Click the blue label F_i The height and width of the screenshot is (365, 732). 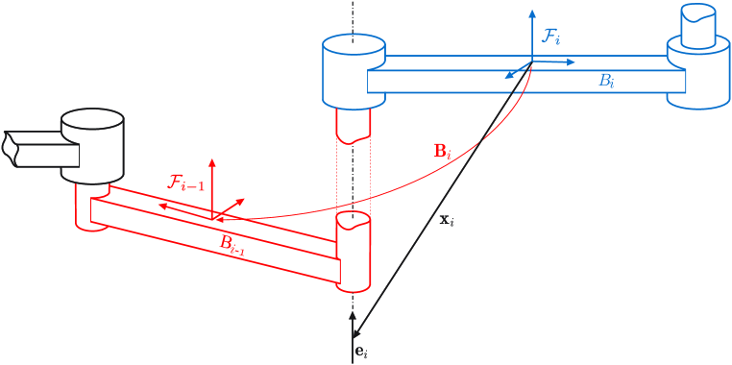pyautogui.click(x=551, y=37)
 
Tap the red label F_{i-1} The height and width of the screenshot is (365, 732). pyautogui.click(x=186, y=182)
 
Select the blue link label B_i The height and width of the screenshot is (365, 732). pyautogui.click(x=606, y=83)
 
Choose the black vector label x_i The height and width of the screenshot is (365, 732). pyautogui.click(x=446, y=220)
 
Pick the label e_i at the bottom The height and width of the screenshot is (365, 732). pyautogui.click(x=361, y=353)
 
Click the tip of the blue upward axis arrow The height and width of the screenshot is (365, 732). pyautogui.click(x=532, y=13)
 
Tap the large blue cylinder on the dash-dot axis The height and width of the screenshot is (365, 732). pyautogui.click(x=354, y=72)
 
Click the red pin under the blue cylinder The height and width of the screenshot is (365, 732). pyautogui.click(x=353, y=123)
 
